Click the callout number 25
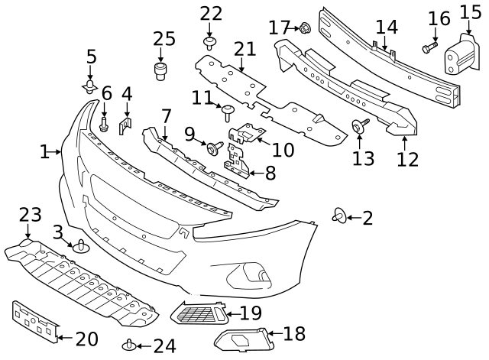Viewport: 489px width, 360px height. coord(164,39)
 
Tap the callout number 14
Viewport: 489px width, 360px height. coord(387,27)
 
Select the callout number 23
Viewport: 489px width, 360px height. coord(30,215)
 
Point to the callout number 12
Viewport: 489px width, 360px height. coord(407,160)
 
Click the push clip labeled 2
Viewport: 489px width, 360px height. coord(338,217)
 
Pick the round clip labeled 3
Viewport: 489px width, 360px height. coord(81,247)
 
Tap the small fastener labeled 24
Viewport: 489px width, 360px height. coord(129,345)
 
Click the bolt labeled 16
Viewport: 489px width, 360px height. coord(428,48)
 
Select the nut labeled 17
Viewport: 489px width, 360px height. coord(304,28)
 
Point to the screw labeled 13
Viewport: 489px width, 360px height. coord(358,126)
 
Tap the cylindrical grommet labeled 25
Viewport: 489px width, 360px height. coord(161,72)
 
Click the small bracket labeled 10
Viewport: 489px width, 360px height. coord(247,134)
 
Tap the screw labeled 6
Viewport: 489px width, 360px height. coord(105,122)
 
